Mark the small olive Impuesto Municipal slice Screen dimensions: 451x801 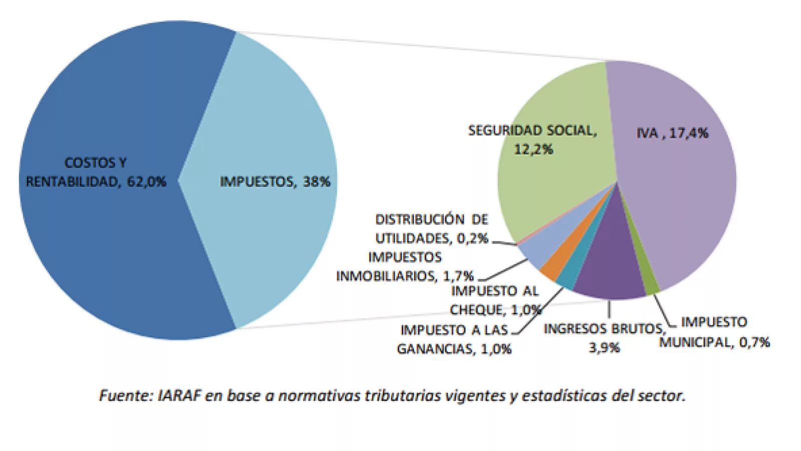[x=651, y=286]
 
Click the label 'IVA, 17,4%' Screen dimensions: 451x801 [x=672, y=133]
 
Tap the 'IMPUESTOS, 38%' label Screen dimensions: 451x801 [x=275, y=181]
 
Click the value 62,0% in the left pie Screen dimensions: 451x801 [x=146, y=181]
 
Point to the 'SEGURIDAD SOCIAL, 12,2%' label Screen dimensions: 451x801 [x=533, y=140]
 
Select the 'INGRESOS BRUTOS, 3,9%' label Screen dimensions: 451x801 [x=605, y=338]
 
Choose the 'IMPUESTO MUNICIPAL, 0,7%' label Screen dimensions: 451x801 [x=714, y=332]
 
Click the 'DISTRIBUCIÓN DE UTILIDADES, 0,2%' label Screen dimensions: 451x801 [x=432, y=229]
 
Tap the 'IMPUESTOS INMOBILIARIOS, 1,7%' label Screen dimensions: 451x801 [x=405, y=267]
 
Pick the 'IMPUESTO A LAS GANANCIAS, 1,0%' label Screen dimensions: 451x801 [x=454, y=339]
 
